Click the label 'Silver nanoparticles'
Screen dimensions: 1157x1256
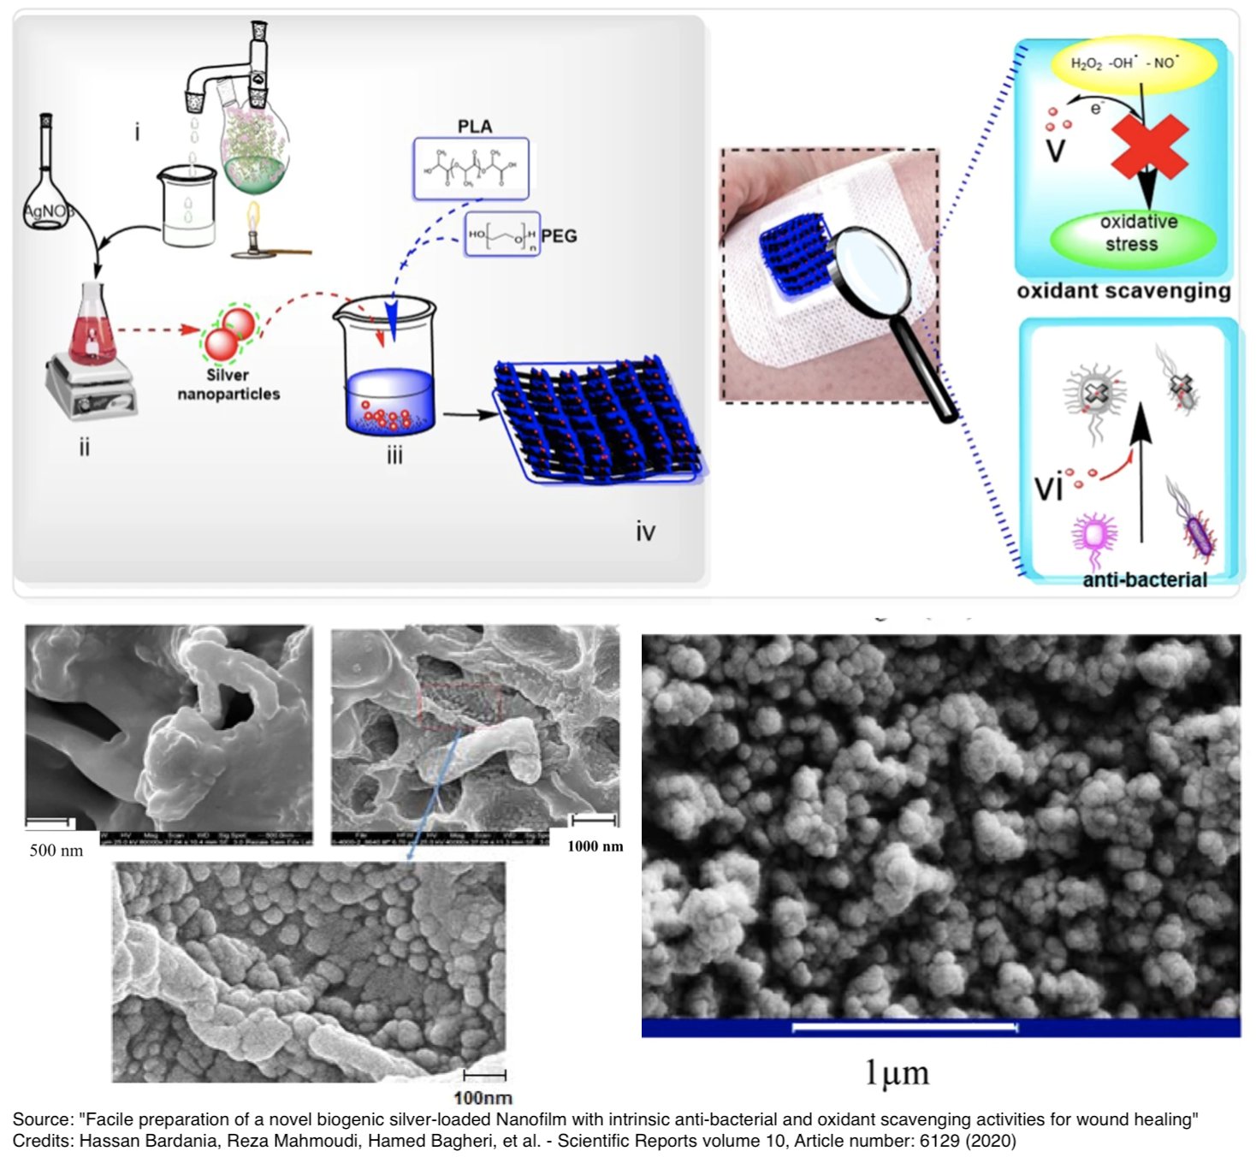(228, 384)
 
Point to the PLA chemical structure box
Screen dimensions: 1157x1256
(471, 169)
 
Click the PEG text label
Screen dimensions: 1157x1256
(559, 235)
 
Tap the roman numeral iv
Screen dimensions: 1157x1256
(645, 532)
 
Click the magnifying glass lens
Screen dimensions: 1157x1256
(869, 266)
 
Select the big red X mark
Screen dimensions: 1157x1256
(1149, 146)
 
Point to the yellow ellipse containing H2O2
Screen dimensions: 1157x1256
(1131, 64)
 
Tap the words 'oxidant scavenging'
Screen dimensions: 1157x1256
(1123, 291)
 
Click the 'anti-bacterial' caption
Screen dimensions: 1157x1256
(1144, 579)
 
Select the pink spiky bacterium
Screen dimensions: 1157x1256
(1093, 537)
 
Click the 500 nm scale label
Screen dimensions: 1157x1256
(56, 851)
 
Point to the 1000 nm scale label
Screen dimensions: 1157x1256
(595, 846)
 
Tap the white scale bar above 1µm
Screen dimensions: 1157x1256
(904, 1027)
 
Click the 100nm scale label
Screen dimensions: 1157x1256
(483, 1097)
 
